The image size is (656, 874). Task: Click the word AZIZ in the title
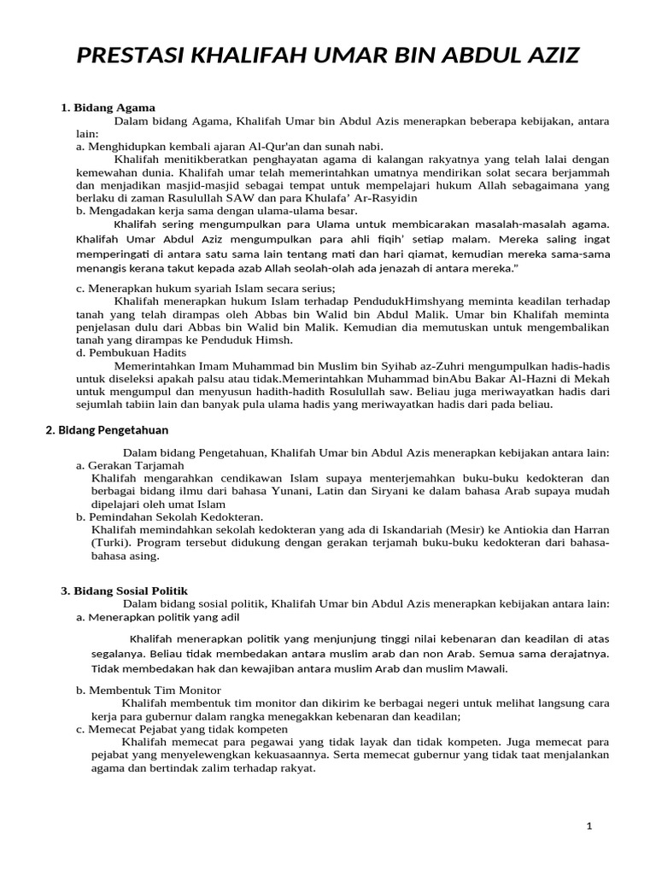[546, 56]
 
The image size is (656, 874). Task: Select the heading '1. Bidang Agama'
[108, 108]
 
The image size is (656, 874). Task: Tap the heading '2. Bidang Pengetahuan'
[107, 429]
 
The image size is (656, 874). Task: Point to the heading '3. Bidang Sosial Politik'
[124, 591]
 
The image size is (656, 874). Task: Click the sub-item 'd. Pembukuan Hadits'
[131, 352]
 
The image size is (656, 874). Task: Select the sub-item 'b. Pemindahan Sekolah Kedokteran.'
[170, 516]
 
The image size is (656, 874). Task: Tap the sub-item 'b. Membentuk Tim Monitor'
[149, 690]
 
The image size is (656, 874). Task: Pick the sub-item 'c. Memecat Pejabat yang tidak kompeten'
[182, 729]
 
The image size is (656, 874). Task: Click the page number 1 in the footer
[589, 825]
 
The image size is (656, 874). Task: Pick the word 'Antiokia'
[530, 529]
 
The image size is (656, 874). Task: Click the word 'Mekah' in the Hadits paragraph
[591, 378]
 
